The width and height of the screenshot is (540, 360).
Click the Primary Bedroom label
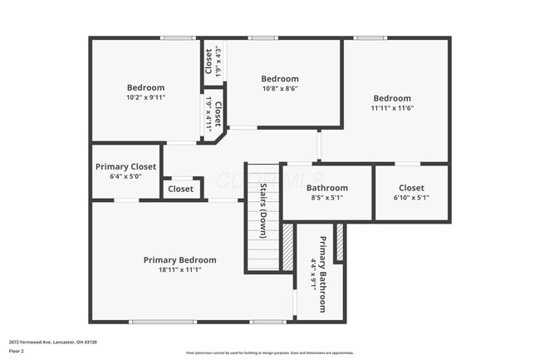(x=179, y=259)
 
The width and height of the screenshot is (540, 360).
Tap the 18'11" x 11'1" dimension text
(x=179, y=269)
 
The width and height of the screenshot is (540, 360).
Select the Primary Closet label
(x=125, y=166)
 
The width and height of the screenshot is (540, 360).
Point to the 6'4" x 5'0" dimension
(x=125, y=176)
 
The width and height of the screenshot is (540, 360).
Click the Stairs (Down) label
(x=263, y=208)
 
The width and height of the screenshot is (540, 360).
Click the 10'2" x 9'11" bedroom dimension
(x=145, y=97)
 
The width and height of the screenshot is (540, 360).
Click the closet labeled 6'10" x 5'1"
(x=411, y=193)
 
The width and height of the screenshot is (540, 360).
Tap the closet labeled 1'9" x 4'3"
(x=213, y=62)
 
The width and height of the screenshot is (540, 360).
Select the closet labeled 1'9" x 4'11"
(x=213, y=113)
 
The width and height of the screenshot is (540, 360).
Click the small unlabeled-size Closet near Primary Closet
(x=181, y=189)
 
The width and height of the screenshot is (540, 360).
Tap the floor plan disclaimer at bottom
(x=269, y=353)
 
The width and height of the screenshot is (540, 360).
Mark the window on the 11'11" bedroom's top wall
(x=370, y=38)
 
